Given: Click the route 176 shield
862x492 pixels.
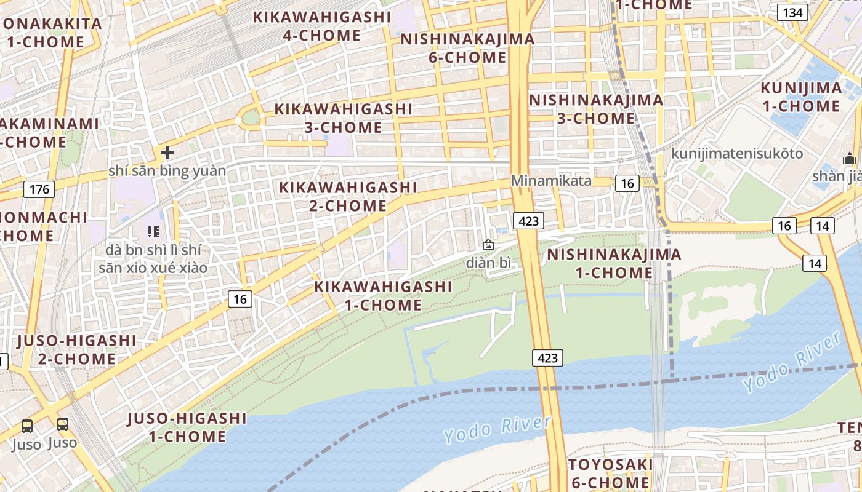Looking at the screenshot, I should [39, 189].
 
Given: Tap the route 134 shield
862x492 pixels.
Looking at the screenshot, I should [792, 12].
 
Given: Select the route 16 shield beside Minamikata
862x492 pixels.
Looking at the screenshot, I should [627, 183].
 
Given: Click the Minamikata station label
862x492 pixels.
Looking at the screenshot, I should [551, 181].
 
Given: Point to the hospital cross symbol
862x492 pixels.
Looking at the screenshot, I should [167, 153].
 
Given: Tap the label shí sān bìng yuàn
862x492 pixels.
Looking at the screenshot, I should [167, 170].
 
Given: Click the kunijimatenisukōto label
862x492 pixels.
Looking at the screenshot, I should [737, 153].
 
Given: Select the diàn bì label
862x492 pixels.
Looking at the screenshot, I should [488, 263].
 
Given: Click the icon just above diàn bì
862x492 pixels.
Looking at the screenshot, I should [488, 245].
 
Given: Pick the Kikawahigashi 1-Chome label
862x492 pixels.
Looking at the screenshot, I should [383, 295].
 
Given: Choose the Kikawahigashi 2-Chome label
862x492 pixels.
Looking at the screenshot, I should [348, 196].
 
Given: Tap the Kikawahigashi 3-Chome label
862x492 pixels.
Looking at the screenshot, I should [343, 118].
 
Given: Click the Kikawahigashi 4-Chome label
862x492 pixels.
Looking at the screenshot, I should [322, 26].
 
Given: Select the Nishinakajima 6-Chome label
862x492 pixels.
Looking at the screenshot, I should [468, 48].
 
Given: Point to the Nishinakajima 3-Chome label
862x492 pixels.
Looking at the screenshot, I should [596, 109].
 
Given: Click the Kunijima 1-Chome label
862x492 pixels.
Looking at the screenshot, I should [801, 97].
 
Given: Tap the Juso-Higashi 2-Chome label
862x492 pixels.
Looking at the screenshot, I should [77, 349].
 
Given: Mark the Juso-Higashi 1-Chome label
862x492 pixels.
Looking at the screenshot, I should [187, 427].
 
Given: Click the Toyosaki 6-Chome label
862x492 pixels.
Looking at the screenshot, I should [609, 473].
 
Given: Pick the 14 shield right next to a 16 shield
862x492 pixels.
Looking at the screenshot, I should [823, 226].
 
